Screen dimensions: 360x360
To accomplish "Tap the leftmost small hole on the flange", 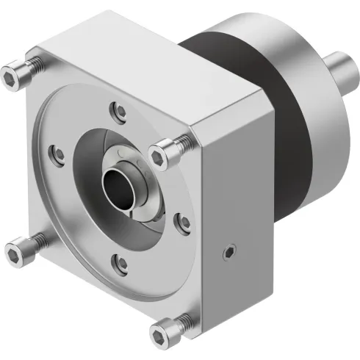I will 54,154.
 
